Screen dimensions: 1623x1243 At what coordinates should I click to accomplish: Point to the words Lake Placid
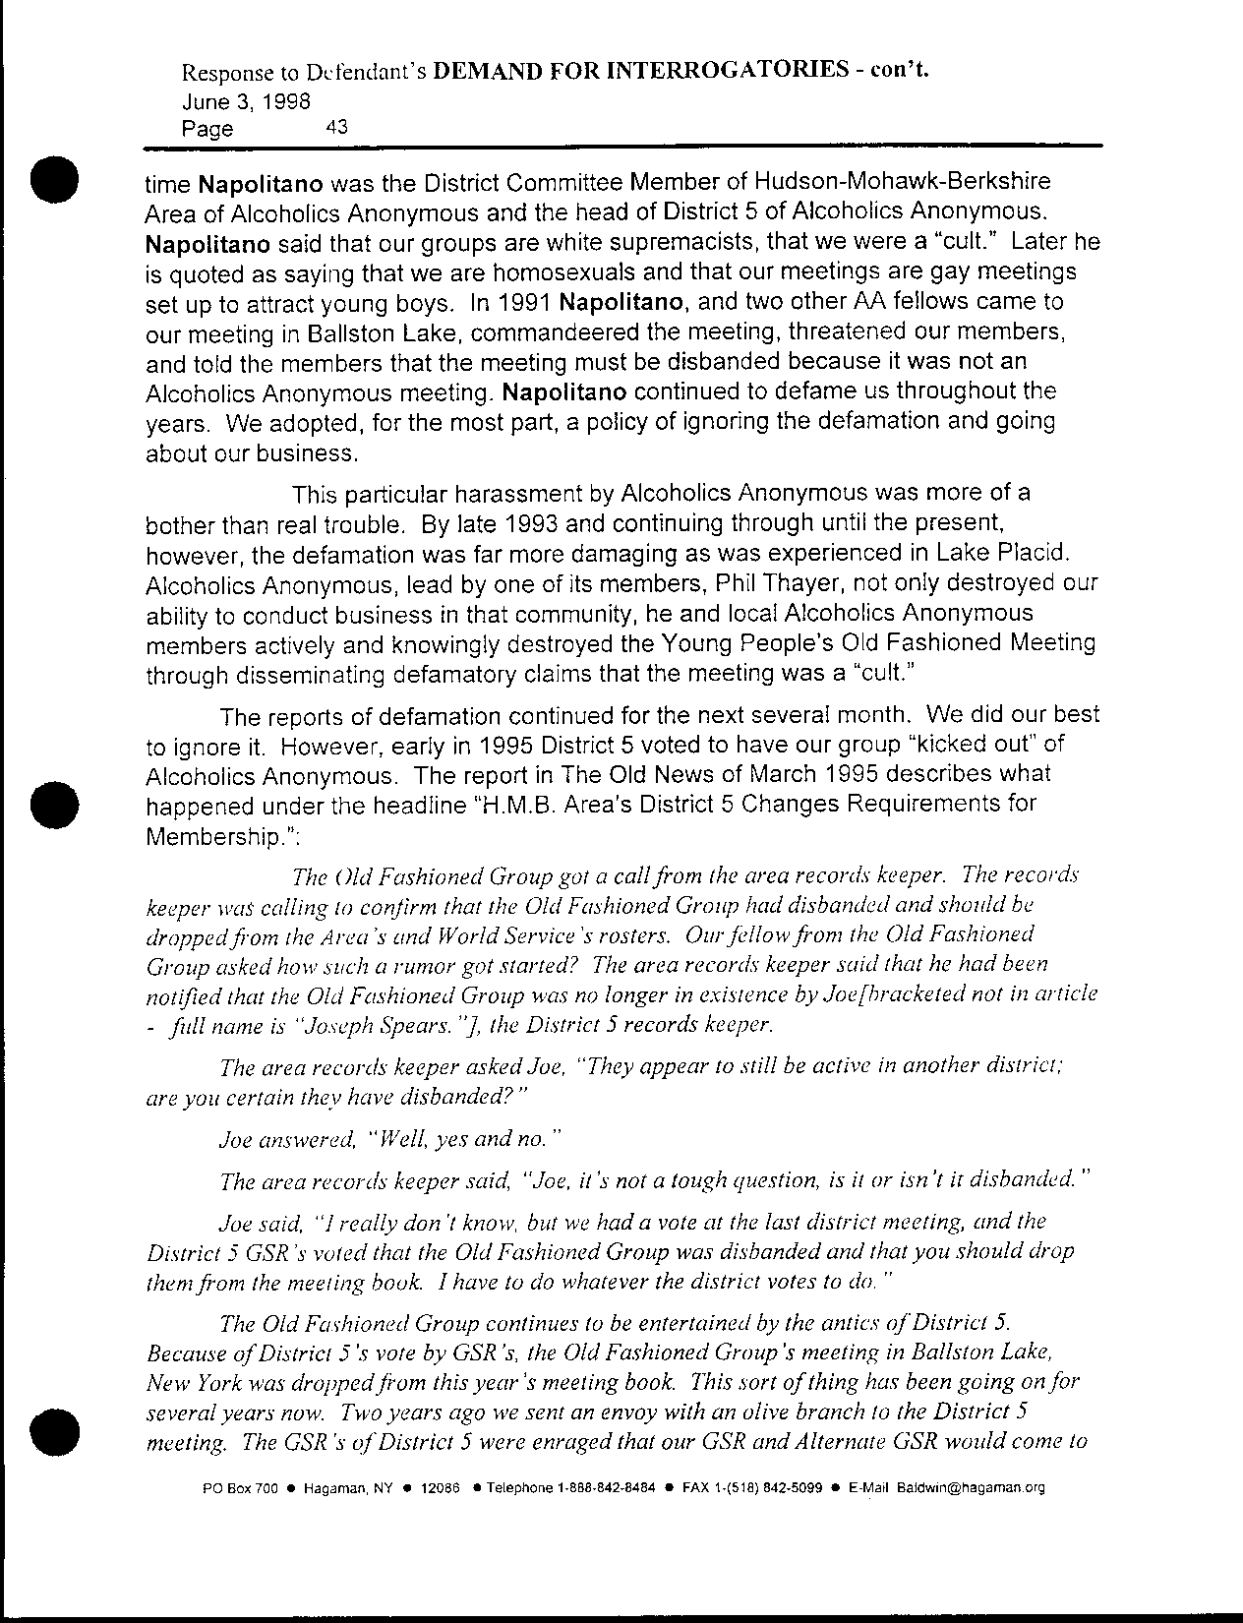(1030, 552)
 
